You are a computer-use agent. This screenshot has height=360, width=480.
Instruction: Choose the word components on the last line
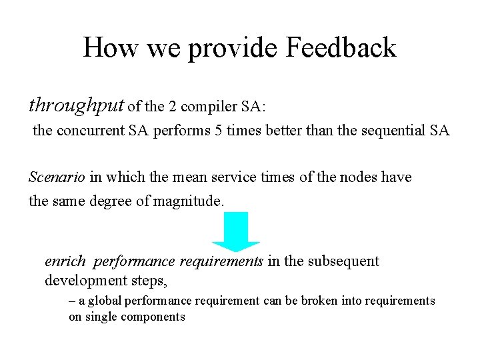[153, 317]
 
